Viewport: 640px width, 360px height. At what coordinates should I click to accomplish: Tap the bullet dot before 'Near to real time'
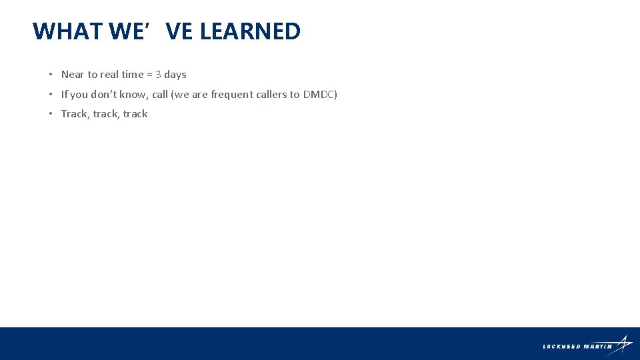point(51,75)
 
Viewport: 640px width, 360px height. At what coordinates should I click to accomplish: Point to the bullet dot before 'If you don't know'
point(51,95)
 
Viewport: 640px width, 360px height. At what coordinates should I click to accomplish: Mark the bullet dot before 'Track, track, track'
point(51,114)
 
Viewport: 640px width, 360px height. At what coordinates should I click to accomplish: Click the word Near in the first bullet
point(73,75)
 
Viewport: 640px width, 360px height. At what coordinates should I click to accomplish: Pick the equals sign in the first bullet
point(149,75)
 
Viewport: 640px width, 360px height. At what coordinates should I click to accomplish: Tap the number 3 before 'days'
point(158,75)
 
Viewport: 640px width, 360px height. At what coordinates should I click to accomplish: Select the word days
point(175,75)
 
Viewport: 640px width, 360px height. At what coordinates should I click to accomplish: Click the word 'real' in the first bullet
point(109,75)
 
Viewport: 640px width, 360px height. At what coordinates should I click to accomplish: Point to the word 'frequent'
point(231,95)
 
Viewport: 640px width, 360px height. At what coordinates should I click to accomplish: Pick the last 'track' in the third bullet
point(135,114)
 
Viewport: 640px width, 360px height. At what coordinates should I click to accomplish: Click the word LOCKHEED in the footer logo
point(562,346)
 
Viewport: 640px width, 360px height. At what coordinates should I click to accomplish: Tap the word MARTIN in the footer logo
point(597,346)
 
